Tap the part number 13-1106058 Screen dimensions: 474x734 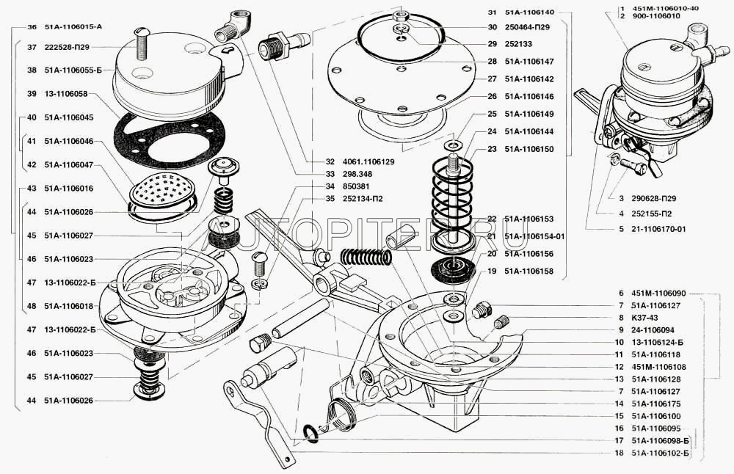click(x=65, y=95)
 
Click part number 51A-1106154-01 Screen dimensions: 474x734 click(x=534, y=236)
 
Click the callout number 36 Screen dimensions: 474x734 click(x=32, y=27)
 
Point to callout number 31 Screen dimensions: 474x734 click(x=492, y=12)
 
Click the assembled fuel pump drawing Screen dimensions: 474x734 click(x=653, y=103)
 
